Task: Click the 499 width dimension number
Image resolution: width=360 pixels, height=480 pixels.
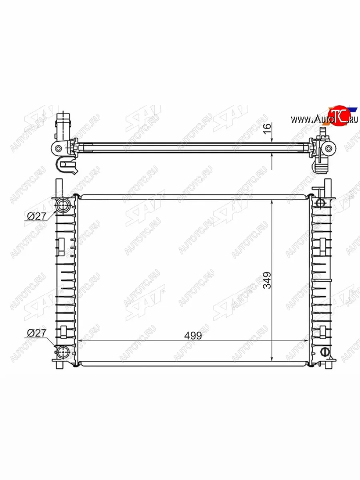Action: (193, 336)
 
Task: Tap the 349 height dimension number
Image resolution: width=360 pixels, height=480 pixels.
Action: (267, 280)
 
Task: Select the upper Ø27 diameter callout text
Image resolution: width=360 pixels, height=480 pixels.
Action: (37, 216)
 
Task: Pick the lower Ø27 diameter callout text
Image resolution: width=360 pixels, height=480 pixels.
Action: (37, 333)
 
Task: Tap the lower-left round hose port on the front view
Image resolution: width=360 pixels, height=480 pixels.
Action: (62, 352)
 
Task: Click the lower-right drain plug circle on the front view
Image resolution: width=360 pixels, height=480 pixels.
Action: (325, 352)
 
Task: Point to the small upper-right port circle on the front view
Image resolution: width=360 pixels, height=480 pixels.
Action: (320, 203)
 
